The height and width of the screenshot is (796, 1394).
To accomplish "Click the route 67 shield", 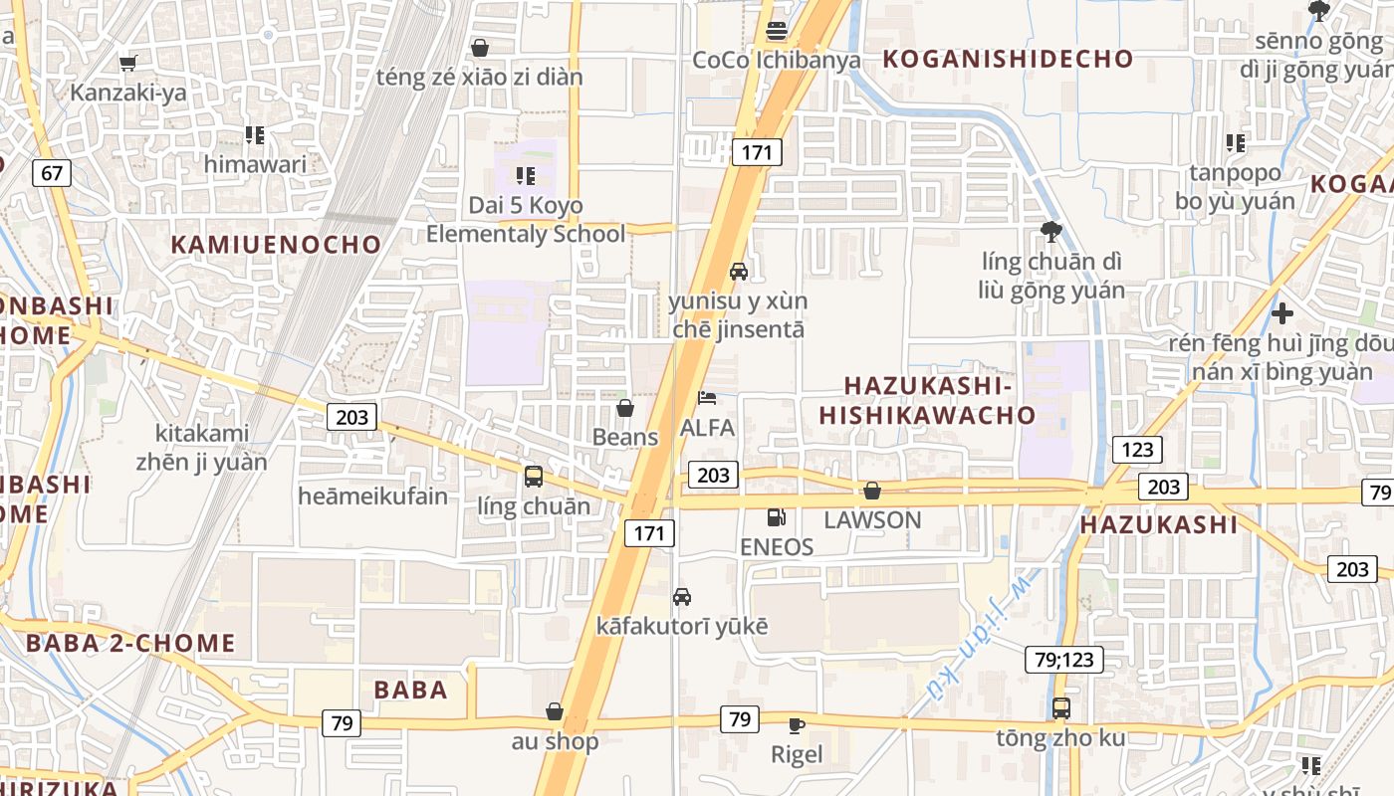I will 52,173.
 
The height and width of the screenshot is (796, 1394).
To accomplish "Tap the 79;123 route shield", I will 1063,659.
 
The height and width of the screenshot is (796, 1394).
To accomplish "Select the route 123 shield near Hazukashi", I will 1136,449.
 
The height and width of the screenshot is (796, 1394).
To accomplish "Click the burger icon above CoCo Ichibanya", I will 777,31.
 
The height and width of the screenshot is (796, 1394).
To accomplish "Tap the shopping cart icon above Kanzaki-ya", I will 127,64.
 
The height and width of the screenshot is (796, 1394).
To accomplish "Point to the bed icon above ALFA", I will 707,399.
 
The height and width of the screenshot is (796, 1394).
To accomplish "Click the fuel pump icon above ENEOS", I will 776,517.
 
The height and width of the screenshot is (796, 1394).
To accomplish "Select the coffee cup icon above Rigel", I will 797,725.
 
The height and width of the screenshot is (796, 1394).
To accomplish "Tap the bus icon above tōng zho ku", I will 1061,708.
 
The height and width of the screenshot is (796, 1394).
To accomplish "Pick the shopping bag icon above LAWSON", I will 872,491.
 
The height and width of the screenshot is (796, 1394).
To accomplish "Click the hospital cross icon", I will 1282,314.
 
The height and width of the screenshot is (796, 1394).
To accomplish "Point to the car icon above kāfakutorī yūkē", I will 682,597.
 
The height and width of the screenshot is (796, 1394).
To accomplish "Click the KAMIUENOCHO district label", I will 276,245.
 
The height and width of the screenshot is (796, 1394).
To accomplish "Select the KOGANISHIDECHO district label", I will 1008,59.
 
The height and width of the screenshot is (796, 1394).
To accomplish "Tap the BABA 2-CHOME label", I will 130,643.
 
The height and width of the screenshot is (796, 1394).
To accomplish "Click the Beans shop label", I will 625,437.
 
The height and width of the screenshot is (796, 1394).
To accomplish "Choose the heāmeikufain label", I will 373,496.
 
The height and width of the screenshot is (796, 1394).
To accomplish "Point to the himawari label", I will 256,164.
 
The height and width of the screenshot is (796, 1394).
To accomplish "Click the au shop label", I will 556,741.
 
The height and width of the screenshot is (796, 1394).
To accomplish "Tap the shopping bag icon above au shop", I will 555,711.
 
